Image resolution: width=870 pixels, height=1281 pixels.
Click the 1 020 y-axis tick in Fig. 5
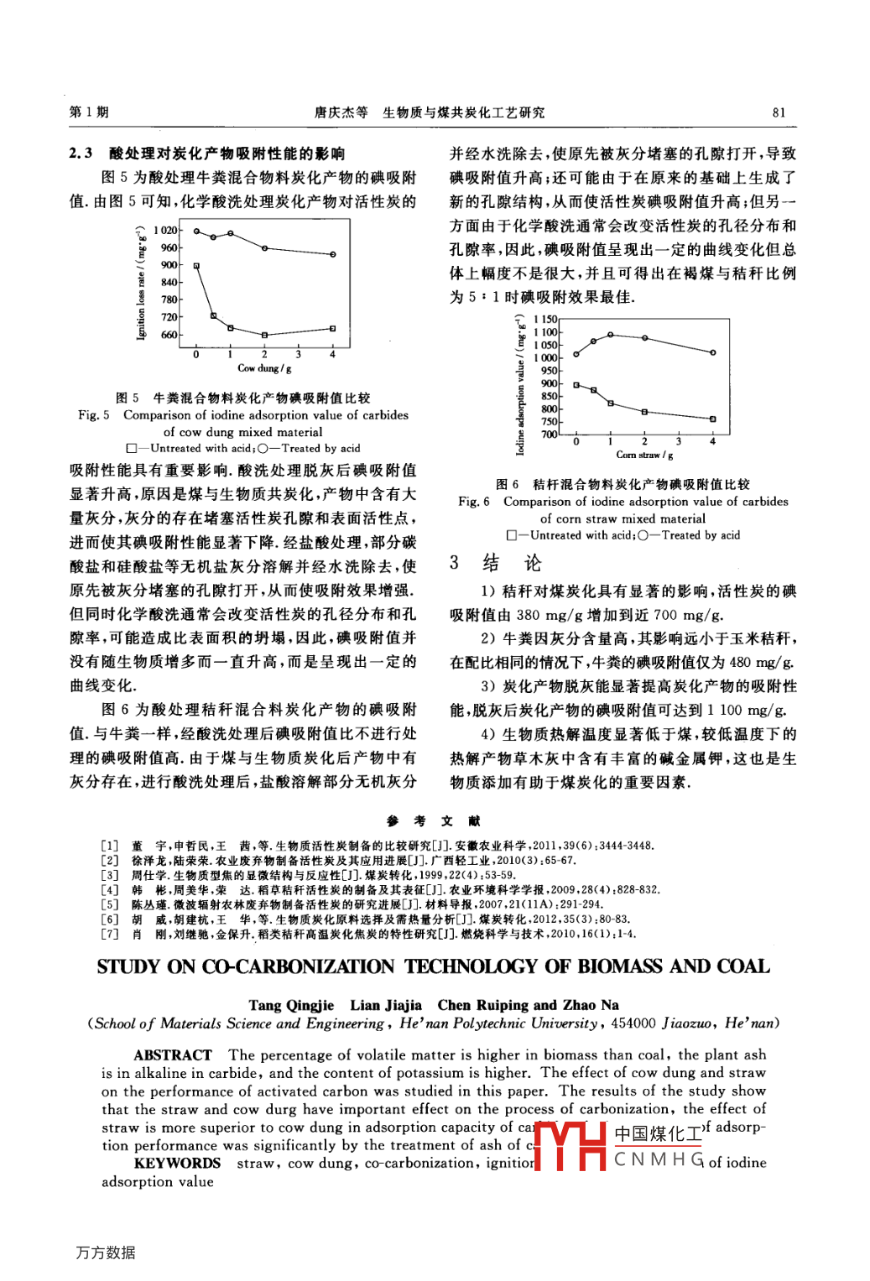[x=165, y=230]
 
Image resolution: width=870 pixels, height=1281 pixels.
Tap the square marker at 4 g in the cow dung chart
[x=333, y=329]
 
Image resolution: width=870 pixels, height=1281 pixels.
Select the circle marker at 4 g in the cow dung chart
[x=333, y=254]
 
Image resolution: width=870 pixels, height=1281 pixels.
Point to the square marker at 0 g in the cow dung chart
[x=196, y=266]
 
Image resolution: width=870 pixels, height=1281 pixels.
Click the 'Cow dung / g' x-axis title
[x=264, y=368]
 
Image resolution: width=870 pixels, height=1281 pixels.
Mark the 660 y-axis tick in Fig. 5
[x=169, y=335]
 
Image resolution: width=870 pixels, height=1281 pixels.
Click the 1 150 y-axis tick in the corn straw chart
[x=545, y=320]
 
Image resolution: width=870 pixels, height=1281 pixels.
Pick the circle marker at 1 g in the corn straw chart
[x=593, y=341]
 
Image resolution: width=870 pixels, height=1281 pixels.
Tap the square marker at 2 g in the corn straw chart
[x=644, y=412]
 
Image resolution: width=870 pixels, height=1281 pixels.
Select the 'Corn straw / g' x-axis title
[x=644, y=455]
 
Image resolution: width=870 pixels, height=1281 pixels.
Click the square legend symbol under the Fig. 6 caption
[x=511, y=535]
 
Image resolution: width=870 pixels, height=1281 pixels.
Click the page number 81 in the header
[x=779, y=112]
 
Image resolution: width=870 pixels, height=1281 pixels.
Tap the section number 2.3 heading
[x=81, y=154]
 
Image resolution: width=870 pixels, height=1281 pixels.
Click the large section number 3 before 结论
[x=454, y=562]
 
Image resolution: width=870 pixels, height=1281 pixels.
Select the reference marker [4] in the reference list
[x=109, y=889]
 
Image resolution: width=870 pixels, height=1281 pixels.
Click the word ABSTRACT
[x=172, y=1055]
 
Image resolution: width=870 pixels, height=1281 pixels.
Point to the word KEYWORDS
[x=177, y=1164]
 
